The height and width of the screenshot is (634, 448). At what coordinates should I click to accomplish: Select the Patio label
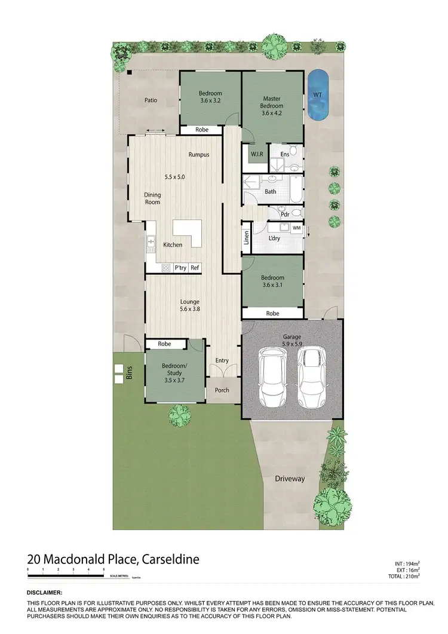(x=151, y=100)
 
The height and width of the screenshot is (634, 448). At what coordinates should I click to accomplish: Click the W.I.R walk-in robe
(x=257, y=155)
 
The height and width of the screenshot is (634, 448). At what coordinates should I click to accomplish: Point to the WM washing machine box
(x=296, y=228)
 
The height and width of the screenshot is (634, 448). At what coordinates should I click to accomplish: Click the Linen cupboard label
(x=246, y=238)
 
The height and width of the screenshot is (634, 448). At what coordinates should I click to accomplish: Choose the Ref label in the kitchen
(x=195, y=268)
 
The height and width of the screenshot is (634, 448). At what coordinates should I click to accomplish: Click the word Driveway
(x=290, y=479)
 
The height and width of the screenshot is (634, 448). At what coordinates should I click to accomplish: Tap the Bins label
(x=128, y=374)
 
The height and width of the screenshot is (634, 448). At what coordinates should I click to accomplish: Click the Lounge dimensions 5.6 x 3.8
(x=190, y=310)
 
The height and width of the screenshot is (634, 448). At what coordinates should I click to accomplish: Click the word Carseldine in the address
(x=170, y=560)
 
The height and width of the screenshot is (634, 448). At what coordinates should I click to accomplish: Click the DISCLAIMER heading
(x=45, y=592)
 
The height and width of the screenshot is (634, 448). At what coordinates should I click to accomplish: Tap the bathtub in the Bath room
(x=294, y=191)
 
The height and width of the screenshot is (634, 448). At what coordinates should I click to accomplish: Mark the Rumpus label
(x=199, y=155)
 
